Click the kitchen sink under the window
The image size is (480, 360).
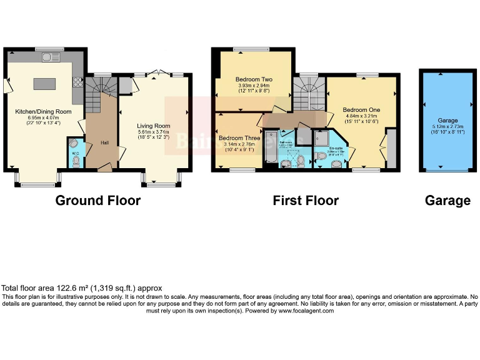pyautogui.click(x=49, y=58)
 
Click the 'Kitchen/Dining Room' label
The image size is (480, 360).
pyautogui.click(x=44, y=112)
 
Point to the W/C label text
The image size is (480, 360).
pyautogui.click(x=75, y=152)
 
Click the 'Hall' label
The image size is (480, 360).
pyautogui.click(x=104, y=142)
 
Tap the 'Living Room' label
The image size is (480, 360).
pyautogui.click(x=154, y=126)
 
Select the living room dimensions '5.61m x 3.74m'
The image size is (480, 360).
pyautogui.click(x=154, y=132)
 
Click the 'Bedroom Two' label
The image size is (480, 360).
pyautogui.click(x=254, y=80)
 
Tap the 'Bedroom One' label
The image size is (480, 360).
pyautogui.click(x=361, y=109)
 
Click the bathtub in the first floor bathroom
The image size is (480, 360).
pyautogui.click(x=271, y=149)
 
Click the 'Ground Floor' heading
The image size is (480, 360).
pyautogui.click(x=98, y=201)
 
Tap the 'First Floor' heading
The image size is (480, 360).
pyautogui.click(x=306, y=201)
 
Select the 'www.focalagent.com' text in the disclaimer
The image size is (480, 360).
pyautogui.click(x=302, y=310)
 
